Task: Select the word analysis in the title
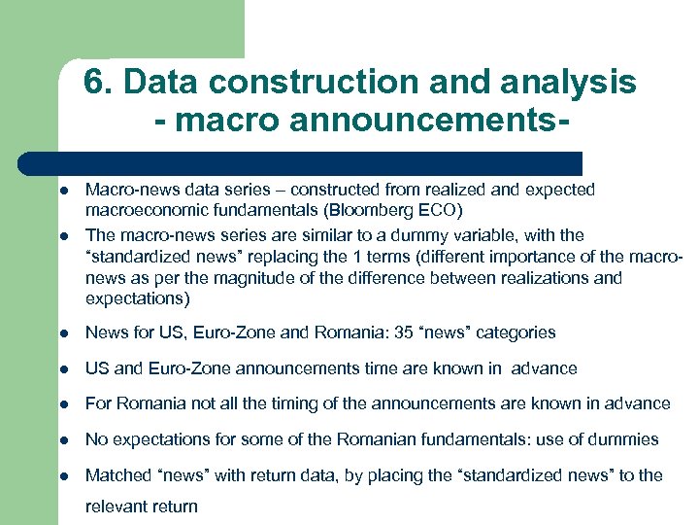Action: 573,83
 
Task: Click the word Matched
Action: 116,475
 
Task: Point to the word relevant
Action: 117,507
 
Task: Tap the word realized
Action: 431,189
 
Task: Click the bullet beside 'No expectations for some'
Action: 60,440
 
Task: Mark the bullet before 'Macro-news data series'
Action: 60,190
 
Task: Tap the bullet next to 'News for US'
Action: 60,333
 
